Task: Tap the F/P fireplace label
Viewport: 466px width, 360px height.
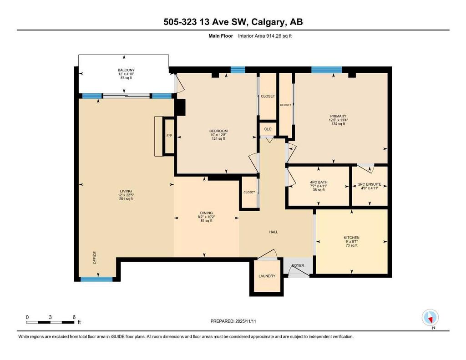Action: click(x=169, y=136)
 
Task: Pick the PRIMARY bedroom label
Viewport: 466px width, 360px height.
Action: click(x=338, y=116)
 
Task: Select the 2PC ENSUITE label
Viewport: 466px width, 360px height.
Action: click(x=370, y=184)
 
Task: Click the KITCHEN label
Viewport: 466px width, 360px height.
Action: click(x=351, y=238)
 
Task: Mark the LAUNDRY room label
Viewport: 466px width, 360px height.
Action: click(x=267, y=276)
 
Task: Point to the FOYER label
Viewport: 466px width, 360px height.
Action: click(x=298, y=265)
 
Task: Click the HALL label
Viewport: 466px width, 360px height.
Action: click(x=274, y=232)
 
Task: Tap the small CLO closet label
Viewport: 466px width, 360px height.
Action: click(x=268, y=129)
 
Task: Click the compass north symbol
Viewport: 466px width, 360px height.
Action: click(x=430, y=317)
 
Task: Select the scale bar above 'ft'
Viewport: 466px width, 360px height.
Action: click(x=50, y=322)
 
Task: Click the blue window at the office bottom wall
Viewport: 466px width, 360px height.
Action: click(x=96, y=279)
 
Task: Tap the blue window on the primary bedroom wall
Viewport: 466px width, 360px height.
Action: click(x=326, y=70)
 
